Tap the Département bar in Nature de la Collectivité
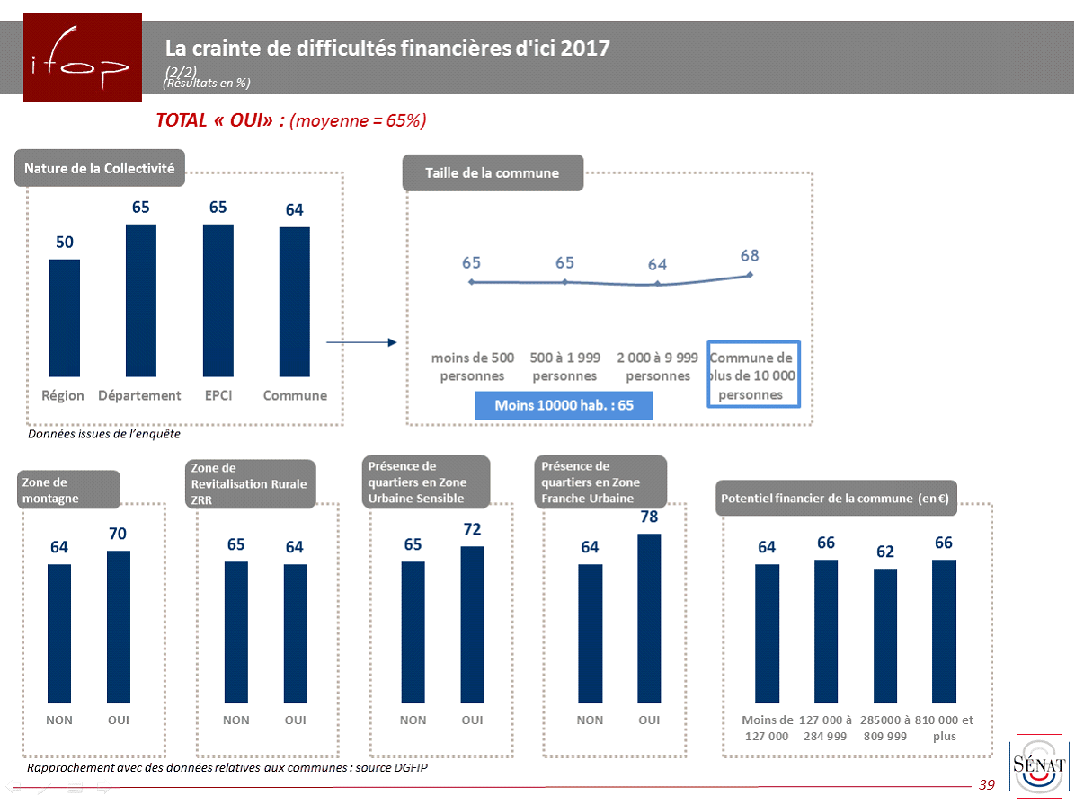[x=141, y=300]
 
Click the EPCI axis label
[x=218, y=395]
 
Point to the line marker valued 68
[x=751, y=275]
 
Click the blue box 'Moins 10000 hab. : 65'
[x=564, y=405]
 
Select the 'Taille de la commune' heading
[x=493, y=173]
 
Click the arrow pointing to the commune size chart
[x=360, y=342]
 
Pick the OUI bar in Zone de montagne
[x=119, y=626]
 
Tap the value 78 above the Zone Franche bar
[x=649, y=517]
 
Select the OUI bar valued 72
[x=473, y=624]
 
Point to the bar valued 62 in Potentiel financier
[x=885, y=635]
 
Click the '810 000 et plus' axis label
[x=944, y=728]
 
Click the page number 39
[x=987, y=785]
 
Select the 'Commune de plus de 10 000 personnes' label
[x=751, y=375]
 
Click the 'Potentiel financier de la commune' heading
[x=836, y=498]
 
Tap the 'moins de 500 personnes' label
[x=473, y=367]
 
